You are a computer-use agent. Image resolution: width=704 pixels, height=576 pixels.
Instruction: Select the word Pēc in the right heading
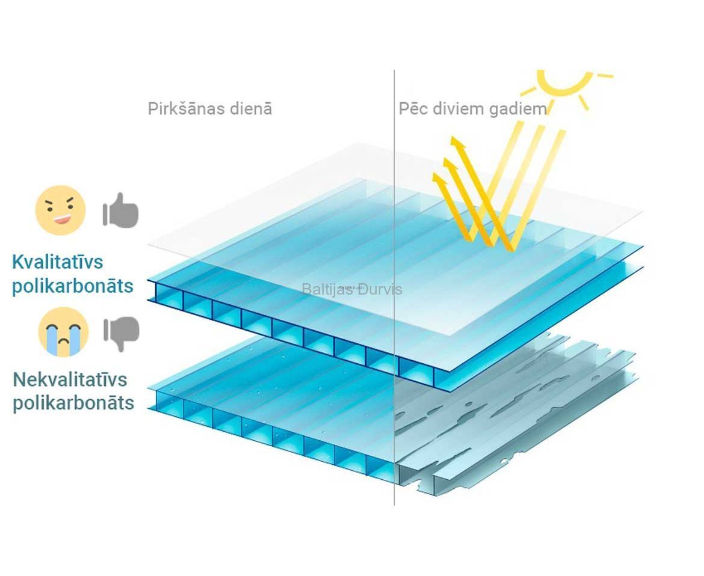413,109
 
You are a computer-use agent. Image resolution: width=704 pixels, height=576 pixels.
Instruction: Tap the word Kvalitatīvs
58,262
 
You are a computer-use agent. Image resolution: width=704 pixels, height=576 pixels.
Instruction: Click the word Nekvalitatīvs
70,379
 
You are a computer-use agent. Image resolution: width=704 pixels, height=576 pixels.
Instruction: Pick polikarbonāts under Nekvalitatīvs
73,403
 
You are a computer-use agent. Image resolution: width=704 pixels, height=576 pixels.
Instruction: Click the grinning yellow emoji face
60,210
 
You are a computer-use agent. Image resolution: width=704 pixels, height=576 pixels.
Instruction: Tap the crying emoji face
63,332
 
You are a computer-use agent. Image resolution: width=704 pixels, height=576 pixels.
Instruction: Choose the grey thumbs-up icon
120,210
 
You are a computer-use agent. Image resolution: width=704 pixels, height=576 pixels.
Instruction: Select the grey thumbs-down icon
121,334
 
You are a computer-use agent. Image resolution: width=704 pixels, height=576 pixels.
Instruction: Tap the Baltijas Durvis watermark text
351,289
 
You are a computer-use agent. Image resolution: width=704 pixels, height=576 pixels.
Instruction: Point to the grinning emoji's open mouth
63,219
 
